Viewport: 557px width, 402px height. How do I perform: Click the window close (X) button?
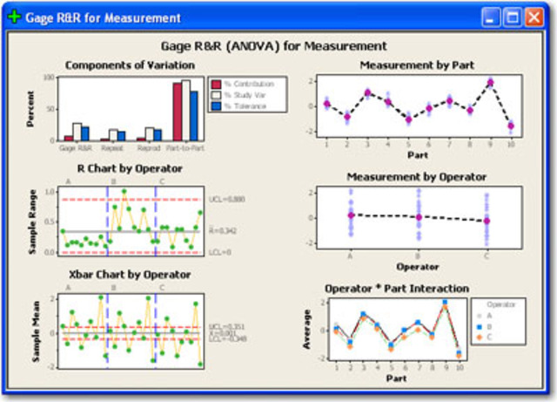pyautogui.click(x=533, y=17)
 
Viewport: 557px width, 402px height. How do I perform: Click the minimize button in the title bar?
pyautogui.click(x=492, y=17)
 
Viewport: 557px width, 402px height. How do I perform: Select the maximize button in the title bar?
pyautogui.click(x=512, y=17)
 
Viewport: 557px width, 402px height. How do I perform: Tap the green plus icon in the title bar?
pyautogui.click(x=15, y=17)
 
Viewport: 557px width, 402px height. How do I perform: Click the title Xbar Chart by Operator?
pyautogui.click(x=124, y=275)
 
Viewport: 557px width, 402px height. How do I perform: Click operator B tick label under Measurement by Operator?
pyautogui.click(x=419, y=257)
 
